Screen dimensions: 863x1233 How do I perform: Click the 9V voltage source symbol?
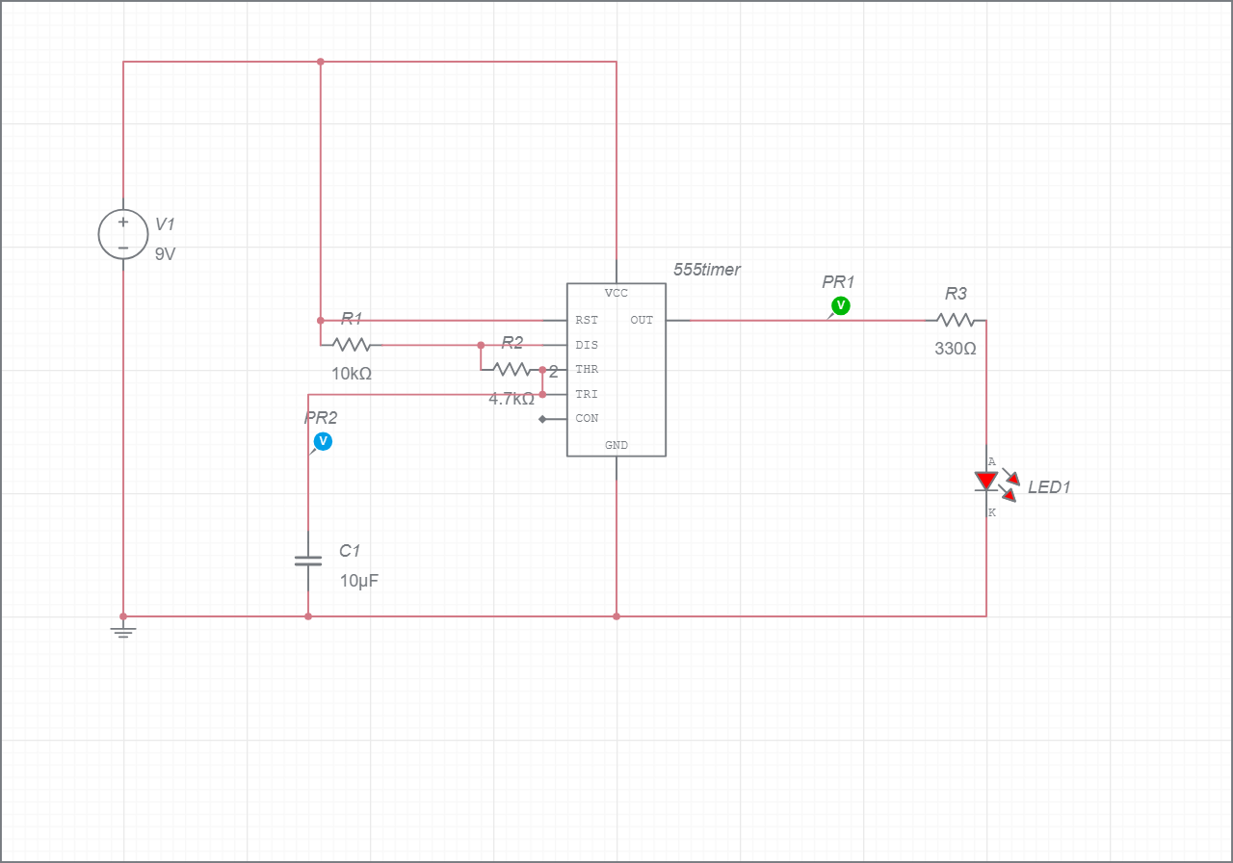(x=123, y=234)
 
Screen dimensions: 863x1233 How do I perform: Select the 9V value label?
(x=165, y=255)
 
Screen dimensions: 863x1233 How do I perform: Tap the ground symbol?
(x=123, y=632)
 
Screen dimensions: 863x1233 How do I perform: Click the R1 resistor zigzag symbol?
(x=352, y=344)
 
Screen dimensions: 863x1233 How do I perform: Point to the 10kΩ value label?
(x=352, y=374)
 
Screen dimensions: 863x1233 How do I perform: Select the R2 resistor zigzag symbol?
(x=511, y=369)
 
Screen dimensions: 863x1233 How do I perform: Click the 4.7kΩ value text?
(x=512, y=399)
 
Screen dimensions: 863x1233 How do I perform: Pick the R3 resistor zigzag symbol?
(x=956, y=320)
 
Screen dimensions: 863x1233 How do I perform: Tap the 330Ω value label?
(x=956, y=349)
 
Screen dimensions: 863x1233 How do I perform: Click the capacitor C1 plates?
(x=308, y=560)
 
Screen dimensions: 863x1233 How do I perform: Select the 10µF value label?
(x=358, y=581)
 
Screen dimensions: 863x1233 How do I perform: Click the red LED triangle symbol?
(x=986, y=481)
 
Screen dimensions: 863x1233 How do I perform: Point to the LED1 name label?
(x=1049, y=487)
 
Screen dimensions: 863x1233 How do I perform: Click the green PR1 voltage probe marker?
(x=841, y=305)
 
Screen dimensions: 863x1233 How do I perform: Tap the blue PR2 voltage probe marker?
(x=324, y=441)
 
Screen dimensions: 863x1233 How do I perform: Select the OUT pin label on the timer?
(x=642, y=320)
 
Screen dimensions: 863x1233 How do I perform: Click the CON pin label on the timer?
(x=587, y=419)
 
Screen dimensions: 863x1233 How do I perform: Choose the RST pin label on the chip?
(x=587, y=320)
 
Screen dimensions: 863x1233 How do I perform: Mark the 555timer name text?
(x=707, y=270)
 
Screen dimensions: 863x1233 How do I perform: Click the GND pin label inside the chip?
(x=616, y=445)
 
